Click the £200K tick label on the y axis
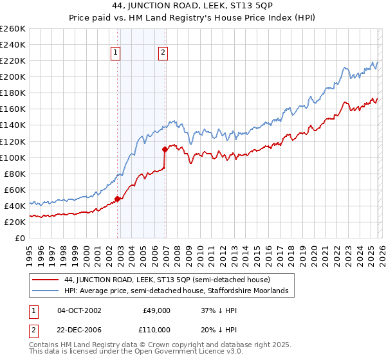(x=13, y=76)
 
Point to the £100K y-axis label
(x=13, y=157)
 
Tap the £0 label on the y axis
(x=19, y=238)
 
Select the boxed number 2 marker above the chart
(x=163, y=53)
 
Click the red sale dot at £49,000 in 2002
(x=117, y=199)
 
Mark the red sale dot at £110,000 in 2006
(x=165, y=149)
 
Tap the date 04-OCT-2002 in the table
(x=79, y=310)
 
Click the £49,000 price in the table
(x=156, y=310)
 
